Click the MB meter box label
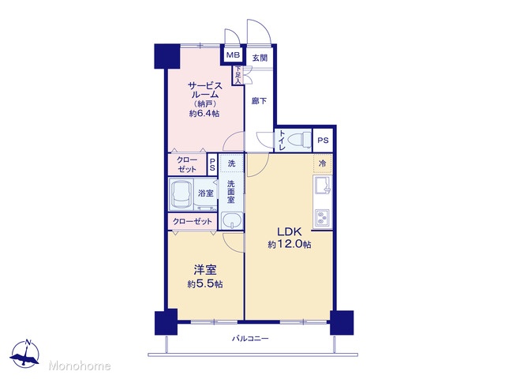(233, 55)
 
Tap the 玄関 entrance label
(260, 58)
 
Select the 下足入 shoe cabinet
(238, 76)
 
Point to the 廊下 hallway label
(259, 101)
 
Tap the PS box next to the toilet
(323, 141)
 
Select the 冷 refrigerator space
(323, 163)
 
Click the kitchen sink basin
(323, 186)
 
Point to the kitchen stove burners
(322, 218)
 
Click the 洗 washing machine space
(231, 163)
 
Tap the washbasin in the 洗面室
(232, 221)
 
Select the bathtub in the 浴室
(181, 193)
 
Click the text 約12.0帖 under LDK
(290, 244)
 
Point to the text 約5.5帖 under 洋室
(205, 284)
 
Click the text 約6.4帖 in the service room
(204, 114)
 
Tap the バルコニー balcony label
(250, 339)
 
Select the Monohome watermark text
(80, 366)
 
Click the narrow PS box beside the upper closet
(212, 163)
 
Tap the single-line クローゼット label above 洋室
(193, 221)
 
